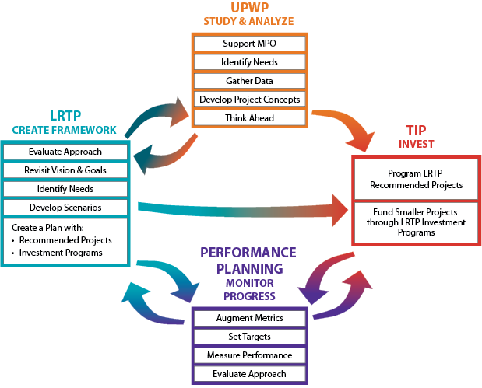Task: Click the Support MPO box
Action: pyautogui.click(x=249, y=43)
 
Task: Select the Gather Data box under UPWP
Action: pyautogui.click(x=249, y=80)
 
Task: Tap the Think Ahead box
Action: pyautogui.click(x=249, y=118)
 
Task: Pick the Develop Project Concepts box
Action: pyautogui.click(x=249, y=100)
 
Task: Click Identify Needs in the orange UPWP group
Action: pyautogui.click(x=249, y=61)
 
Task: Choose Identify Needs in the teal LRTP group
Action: pyautogui.click(x=66, y=189)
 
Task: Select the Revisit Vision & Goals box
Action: pyautogui.click(x=66, y=170)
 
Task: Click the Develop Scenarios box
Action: pyautogui.click(x=66, y=208)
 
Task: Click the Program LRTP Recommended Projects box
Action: pyautogui.click(x=414, y=179)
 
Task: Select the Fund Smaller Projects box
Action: pyautogui.click(x=414, y=222)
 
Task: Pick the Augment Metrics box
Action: pyautogui.click(x=250, y=318)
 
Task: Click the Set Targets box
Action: pyautogui.click(x=250, y=337)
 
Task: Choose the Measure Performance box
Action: pyautogui.click(x=250, y=355)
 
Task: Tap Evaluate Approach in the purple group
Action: pyautogui.click(x=250, y=374)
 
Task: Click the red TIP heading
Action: pyautogui.click(x=415, y=130)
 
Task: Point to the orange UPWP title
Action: pyautogui.click(x=249, y=8)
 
